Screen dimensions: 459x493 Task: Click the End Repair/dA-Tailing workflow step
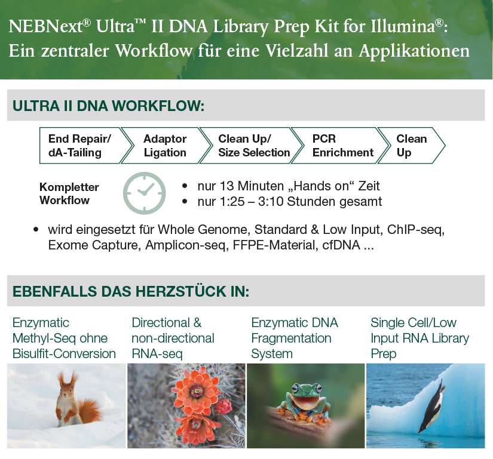(x=79, y=145)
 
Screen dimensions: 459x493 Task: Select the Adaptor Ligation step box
(x=165, y=145)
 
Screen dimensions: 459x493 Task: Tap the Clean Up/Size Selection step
(x=253, y=145)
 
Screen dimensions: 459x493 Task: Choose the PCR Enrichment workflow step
(x=342, y=145)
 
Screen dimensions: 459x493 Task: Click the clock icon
(x=144, y=193)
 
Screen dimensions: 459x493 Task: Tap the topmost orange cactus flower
(x=197, y=389)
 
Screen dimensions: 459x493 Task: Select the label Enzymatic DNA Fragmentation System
(x=295, y=338)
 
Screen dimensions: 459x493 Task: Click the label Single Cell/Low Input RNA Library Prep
(x=419, y=338)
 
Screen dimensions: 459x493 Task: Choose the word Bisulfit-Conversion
(x=64, y=353)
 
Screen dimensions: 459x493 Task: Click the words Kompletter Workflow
(x=69, y=193)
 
